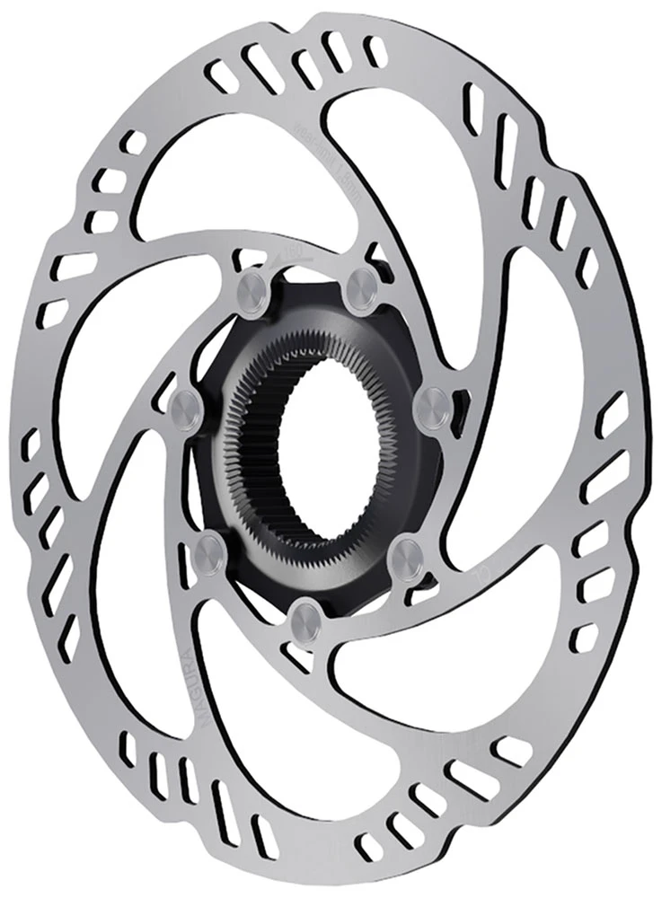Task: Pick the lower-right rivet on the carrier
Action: (406, 550)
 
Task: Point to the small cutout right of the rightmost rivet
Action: (460, 404)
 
